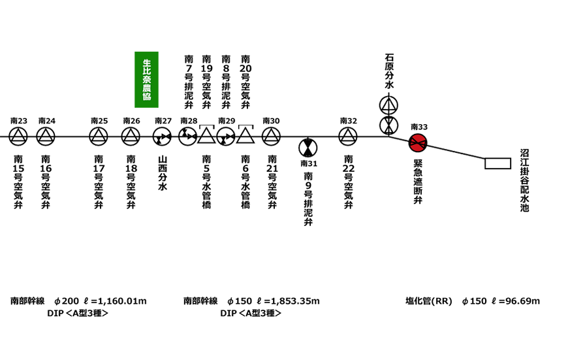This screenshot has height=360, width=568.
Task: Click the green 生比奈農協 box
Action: pos(146,79)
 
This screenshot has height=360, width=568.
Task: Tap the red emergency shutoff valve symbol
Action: pos(418,142)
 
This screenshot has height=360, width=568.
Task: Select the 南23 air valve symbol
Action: pos(18,136)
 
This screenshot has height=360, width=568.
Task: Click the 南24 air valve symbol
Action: pos(46,136)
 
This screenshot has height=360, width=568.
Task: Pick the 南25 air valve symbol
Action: pos(99,136)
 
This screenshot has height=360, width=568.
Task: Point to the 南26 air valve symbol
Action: pos(131,136)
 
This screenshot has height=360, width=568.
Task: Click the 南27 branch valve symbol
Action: pos(163,136)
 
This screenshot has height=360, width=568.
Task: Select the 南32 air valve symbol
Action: pos(348,136)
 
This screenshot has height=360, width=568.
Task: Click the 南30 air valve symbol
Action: pos(271,136)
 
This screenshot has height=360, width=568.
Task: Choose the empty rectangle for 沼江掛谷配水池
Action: pos(497,163)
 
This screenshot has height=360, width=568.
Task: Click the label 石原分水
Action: pos(389,75)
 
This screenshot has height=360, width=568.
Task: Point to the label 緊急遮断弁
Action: pos(418,182)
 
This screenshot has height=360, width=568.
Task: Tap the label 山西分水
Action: pos(163,172)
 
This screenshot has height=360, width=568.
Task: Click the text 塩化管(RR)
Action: pos(429,301)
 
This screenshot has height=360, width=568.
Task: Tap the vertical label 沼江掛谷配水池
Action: pos(524,180)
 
